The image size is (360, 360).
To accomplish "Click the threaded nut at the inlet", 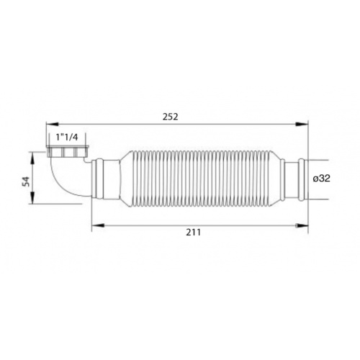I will point(69,153).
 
